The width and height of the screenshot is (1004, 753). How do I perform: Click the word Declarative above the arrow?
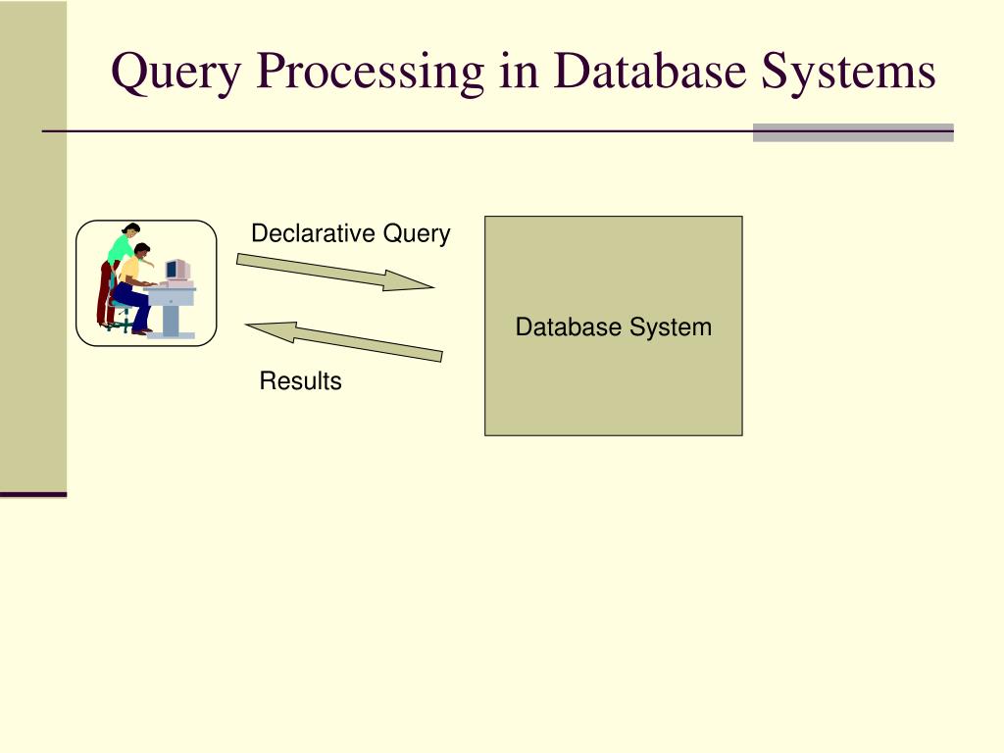pyautogui.click(x=314, y=233)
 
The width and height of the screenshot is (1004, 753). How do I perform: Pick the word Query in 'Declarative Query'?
pyautogui.click(x=417, y=234)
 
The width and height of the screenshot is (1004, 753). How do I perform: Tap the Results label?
pyautogui.click(x=300, y=381)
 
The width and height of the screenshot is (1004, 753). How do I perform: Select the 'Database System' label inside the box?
pyautogui.click(x=614, y=327)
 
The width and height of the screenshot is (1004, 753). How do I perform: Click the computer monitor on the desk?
pyautogui.click(x=176, y=270)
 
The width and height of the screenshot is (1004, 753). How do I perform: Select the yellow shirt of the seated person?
pyautogui.click(x=129, y=271)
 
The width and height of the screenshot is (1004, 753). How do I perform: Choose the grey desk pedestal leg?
pyautogui.click(x=172, y=319)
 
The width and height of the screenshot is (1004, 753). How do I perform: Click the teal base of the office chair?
pyautogui.click(x=120, y=324)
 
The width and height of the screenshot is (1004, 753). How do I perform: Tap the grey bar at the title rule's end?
pyautogui.click(x=852, y=133)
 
